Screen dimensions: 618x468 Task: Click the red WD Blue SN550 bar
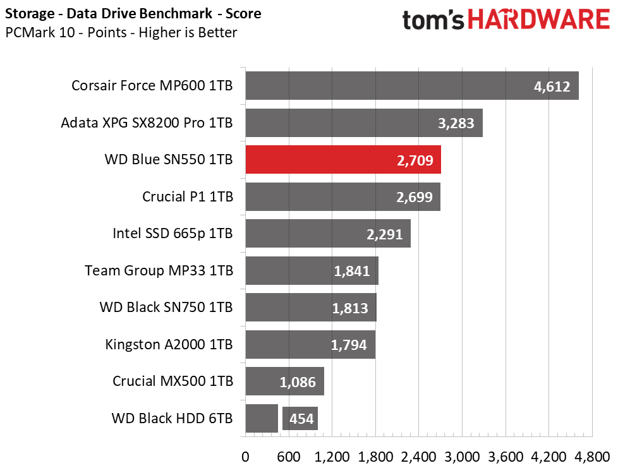(x=343, y=160)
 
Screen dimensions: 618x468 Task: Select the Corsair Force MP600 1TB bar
(x=412, y=85)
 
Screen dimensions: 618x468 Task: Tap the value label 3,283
(x=456, y=123)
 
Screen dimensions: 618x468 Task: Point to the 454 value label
(x=301, y=418)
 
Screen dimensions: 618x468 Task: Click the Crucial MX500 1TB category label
(x=173, y=381)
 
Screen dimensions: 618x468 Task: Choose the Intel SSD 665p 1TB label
(x=173, y=234)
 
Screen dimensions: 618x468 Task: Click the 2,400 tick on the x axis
(x=418, y=457)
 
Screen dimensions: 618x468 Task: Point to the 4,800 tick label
(x=592, y=457)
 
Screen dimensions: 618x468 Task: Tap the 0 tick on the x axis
(x=245, y=457)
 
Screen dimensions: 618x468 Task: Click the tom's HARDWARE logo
(x=506, y=20)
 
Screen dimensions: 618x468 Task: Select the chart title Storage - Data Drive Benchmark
(x=109, y=13)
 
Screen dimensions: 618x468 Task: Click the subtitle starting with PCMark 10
(x=121, y=32)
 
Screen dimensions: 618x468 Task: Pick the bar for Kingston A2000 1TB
(x=310, y=344)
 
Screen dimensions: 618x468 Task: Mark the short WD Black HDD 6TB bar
(x=262, y=418)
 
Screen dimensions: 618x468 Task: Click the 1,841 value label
(x=351, y=271)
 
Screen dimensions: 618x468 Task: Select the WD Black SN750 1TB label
(x=166, y=308)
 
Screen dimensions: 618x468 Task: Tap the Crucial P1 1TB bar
(x=343, y=196)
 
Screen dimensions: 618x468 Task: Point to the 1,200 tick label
(x=332, y=457)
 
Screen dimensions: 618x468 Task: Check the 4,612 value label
(x=552, y=87)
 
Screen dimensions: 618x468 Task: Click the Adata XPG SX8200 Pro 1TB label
(x=147, y=123)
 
